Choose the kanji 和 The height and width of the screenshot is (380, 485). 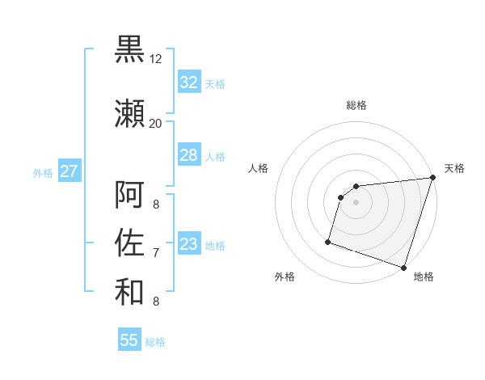click(x=129, y=292)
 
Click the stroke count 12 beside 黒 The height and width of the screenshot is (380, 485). click(x=155, y=59)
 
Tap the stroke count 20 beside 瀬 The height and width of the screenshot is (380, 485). click(x=155, y=123)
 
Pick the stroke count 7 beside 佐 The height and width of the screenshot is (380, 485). click(x=155, y=253)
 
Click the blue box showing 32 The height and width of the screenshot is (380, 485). click(x=188, y=82)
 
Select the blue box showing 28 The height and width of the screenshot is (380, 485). click(x=188, y=155)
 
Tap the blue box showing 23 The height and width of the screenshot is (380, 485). click(x=188, y=244)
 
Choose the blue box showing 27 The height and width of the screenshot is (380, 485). click(x=69, y=171)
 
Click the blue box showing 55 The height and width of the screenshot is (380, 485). click(x=129, y=340)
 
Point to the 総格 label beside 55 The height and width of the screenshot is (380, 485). click(x=155, y=342)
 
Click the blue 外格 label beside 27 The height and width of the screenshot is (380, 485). click(x=43, y=173)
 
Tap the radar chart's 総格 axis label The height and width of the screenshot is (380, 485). click(x=356, y=105)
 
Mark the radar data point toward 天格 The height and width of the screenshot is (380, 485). click(x=432, y=179)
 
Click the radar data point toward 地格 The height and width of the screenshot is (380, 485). click(x=403, y=267)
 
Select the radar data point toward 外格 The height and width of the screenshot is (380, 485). click(x=328, y=241)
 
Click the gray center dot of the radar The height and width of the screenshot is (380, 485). click(x=356, y=202)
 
